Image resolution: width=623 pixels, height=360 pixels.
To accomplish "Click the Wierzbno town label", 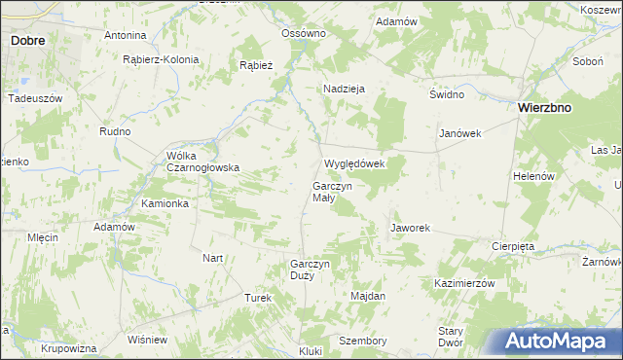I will pyautogui.click(x=543, y=108).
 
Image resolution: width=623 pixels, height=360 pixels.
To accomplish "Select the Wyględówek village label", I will pyautogui.click(x=354, y=163).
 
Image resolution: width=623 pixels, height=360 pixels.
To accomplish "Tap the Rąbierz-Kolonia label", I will pyautogui.click(x=161, y=59).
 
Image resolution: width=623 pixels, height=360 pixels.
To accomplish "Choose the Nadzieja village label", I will pyautogui.click(x=344, y=89).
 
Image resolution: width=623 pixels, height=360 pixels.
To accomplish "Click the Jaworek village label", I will pyautogui.click(x=410, y=228).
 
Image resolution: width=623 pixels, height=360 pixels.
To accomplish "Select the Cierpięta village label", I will pyautogui.click(x=513, y=246).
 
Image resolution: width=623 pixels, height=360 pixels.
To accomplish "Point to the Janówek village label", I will pyautogui.click(x=460, y=133).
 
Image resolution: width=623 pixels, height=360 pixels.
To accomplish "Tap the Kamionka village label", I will pyautogui.click(x=165, y=203).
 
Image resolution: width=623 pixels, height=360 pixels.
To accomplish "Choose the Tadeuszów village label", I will pyautogui.click(x=35, y=99).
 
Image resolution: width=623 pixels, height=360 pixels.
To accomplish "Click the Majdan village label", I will pyautogui.click(x=368, y=295).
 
